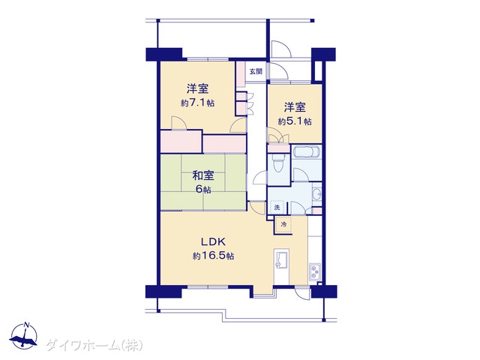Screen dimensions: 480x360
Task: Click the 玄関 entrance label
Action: pyautogui.click(x=256, y=72)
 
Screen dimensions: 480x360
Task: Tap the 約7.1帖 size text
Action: pyautogui.click(x=197, y=103)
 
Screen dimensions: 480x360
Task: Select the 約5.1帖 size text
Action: pyautogui.click(x=295, y=121)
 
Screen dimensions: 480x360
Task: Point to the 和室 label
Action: pyautogui.click(x=203, y=175)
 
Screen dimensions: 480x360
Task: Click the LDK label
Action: pyautogui.click(x=213, y=242)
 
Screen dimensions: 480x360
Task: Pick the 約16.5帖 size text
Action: pyautogui.click(x=213, y=256)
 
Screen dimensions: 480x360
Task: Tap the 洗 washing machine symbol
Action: pyautogui.click(x=277, y=208)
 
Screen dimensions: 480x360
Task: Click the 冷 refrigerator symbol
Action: pyautogui.click(x=283, y=225)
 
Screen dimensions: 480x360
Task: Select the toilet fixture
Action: pyautogui.click(x=278, y=163)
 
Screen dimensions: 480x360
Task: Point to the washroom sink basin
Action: pyautogui.click(x=317, y=193)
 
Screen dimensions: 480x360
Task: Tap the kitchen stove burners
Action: pyautogui.click(x=314, y=271)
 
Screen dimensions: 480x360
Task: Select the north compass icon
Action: pyautogui.click(x=23, y=335)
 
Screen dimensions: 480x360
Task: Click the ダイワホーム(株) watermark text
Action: pyautogui.click(x=94, y=345)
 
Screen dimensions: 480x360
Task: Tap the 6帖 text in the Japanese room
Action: pyautogui.click(x=203, y=190)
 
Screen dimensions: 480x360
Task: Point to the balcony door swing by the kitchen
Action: pyautogui.click(x=302, y=293)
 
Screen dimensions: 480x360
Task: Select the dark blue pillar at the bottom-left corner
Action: pyautogui.click(x=165, y=292)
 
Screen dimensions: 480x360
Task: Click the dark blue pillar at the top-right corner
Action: pyautogui.click(x=323, y=54)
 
